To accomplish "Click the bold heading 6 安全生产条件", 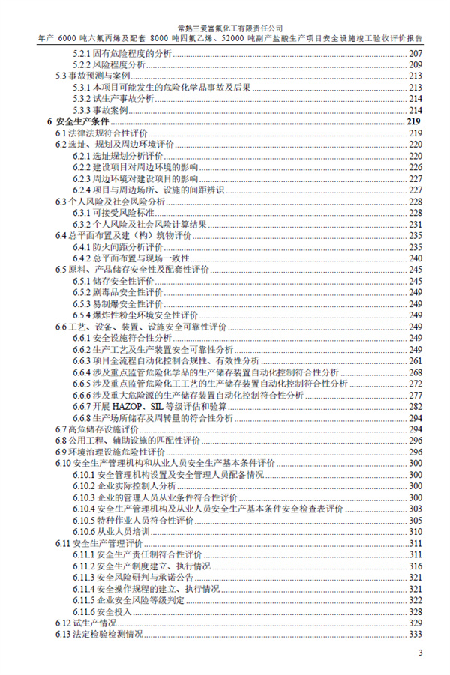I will pos(77,121).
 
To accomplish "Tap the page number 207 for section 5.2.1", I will pos(415,54).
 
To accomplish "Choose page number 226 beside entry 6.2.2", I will pos(415,167).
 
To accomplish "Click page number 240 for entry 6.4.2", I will pos(415,258).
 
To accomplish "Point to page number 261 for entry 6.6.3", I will pos(415,361).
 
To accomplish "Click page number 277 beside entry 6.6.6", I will pos(415,395).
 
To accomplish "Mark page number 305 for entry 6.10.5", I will pos(415,521).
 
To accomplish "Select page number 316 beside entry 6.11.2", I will pos(415,566).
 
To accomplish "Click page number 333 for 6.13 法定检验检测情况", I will pos(415,635).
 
